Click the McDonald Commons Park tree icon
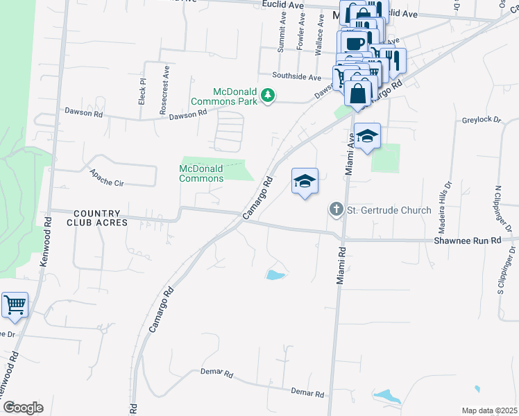pos(268,96)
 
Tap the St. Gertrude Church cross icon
pos(336,209)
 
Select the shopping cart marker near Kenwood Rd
pos(15,305)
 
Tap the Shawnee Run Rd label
pos(467,240)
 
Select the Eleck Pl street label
pos(142,91)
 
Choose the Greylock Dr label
pos(481,120)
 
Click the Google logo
pos(22,407)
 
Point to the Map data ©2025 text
pos(490,410)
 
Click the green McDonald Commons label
pos(201,173)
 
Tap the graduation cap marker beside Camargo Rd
pos(305,182)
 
